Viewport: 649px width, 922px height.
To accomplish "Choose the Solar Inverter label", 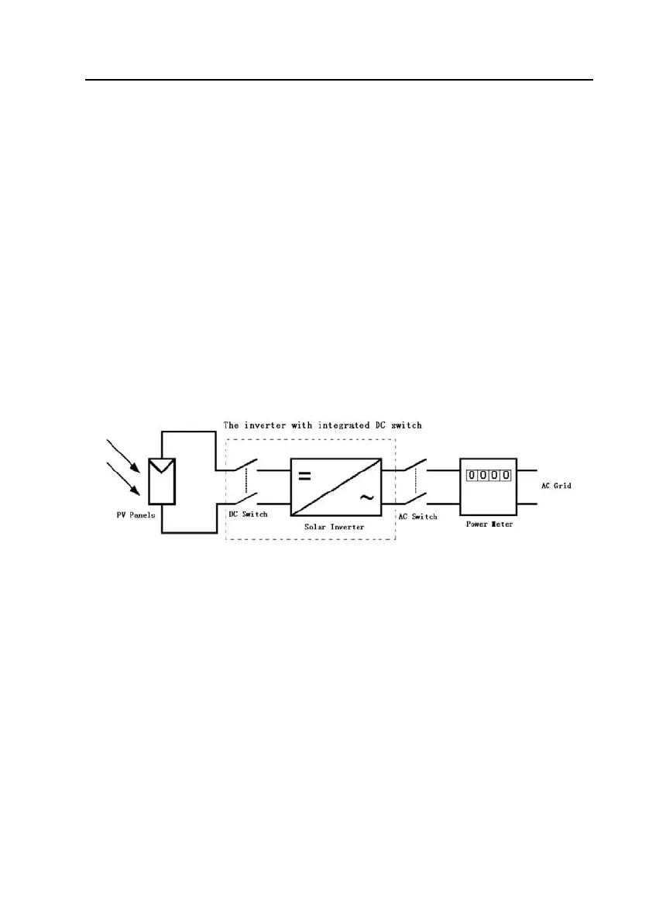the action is tap(335, 527).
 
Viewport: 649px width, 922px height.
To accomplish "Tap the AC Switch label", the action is tap(417, 517).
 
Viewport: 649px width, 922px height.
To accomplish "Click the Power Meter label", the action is tap(489, 525).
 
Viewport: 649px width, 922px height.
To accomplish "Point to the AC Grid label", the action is tap(556, 486).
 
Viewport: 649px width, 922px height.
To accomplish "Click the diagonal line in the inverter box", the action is tap(335, 487).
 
